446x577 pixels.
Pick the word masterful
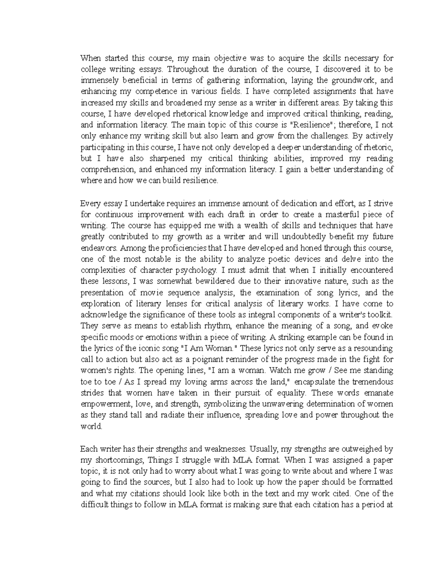pyautogui.click(x=337, y=215)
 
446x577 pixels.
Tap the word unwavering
pyautogui.click(x=285, y=404)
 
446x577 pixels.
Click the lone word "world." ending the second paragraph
pyautogui.click(x=91, y=427)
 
